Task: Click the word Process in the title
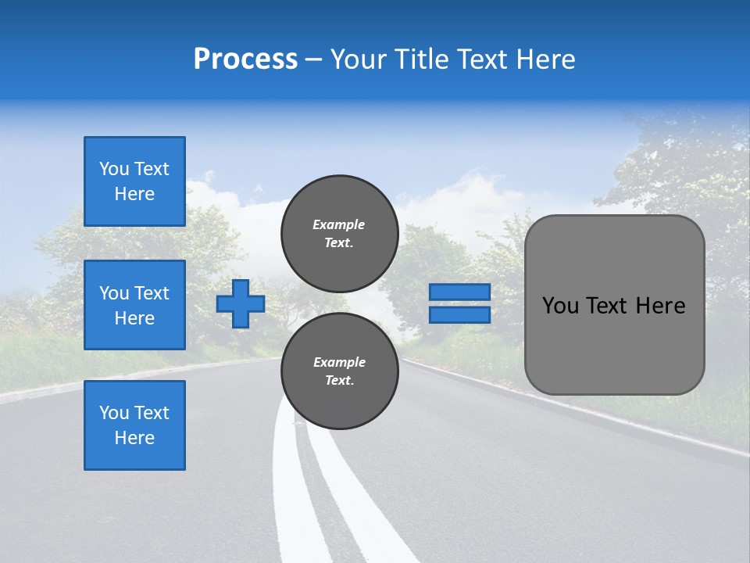click(x=245, y=59)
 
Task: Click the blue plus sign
click(x=241, y=304)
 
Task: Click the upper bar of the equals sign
click(x=459, y=292)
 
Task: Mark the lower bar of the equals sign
click(x=459, y=315)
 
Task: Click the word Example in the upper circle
click(x=339, y=224)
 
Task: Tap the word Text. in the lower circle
click(x=339, y=381)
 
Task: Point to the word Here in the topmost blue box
click(x=134, y=194)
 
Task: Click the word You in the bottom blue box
click(x=114, y=413)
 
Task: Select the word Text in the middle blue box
click(x=152, y=293)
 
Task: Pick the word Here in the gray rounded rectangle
click(x=660, y=306)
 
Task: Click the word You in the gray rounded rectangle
click(x=560, y=306)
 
